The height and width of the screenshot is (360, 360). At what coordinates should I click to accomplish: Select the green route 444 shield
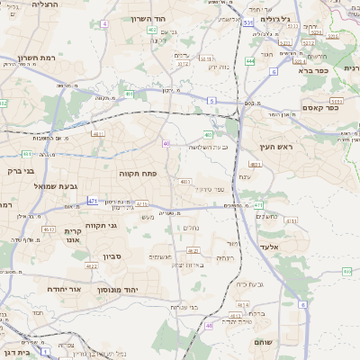[248, 61]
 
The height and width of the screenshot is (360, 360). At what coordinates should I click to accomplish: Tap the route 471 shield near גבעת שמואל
[93, 201]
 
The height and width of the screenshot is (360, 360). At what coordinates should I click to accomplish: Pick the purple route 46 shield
[209, 325]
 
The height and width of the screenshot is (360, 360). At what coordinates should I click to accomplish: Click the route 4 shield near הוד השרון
[104, 22]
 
